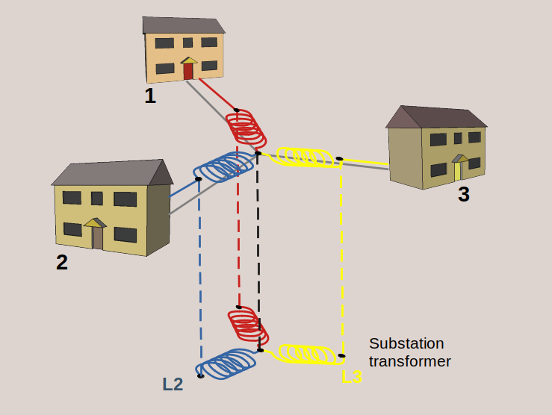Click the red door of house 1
(188, 71)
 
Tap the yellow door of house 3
(458, 171)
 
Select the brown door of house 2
(97, 237)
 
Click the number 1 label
(150, 96)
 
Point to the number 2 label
(62, 263)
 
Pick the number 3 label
(464, 195)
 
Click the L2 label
(173, 384)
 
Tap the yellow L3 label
(352, 378)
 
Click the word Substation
(406, 343)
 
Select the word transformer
(410, 361)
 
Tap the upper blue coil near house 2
(223, 166)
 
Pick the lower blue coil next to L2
(227, 363)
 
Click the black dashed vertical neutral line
(258, 246)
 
